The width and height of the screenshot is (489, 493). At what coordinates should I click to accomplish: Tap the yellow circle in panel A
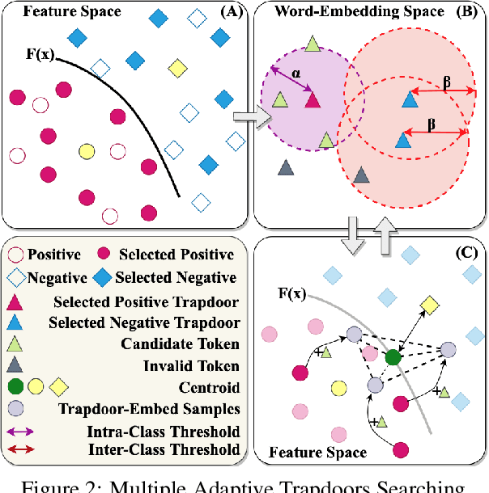coord(86,150)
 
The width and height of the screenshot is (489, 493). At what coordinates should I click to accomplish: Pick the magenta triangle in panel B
coord(313,99)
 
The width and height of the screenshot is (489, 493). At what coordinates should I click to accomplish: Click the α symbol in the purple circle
coord(296,73)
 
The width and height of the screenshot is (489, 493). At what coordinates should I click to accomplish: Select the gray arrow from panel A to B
coord(245,119)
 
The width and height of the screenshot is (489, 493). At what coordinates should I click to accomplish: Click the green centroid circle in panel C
coord(393,356)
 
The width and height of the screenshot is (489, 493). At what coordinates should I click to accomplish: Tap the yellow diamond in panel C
coord(429,305)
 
